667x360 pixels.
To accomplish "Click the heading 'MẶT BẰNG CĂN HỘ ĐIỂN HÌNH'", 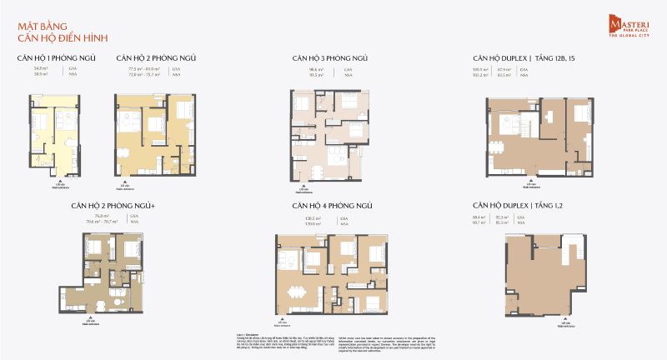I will pos(63,32).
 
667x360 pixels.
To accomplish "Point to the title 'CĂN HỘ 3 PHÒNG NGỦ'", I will pos(330,58).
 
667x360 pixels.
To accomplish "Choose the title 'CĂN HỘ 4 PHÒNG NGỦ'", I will pos(330,205).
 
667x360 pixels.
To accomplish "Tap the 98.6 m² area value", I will pos(316,69).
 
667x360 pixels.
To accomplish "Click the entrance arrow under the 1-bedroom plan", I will pos(61,177).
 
